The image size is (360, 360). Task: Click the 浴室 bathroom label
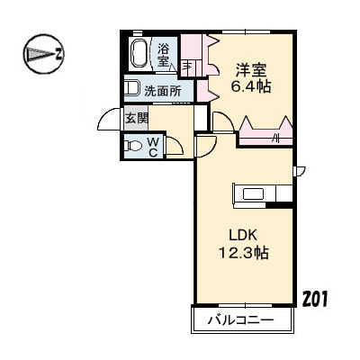pos(165,55)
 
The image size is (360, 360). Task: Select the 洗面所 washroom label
pos(162,90)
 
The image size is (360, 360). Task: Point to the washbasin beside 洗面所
pos(132,89)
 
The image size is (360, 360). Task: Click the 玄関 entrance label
pos(136,118)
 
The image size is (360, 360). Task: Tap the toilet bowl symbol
pos(133,146)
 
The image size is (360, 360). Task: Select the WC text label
pos(153,146)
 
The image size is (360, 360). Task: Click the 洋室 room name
pos(250,69)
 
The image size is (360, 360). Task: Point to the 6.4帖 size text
pos(251,87)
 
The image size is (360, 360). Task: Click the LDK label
pos(242,236)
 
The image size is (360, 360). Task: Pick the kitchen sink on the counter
pos(251,193)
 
